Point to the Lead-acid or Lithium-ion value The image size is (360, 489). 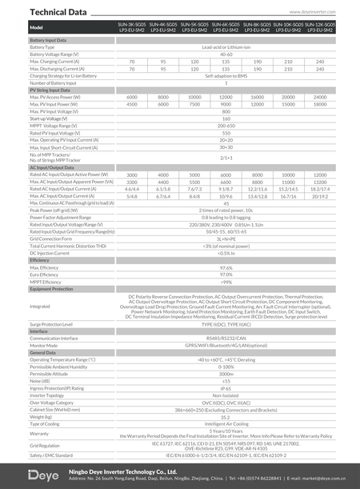(x=226, y=47)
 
